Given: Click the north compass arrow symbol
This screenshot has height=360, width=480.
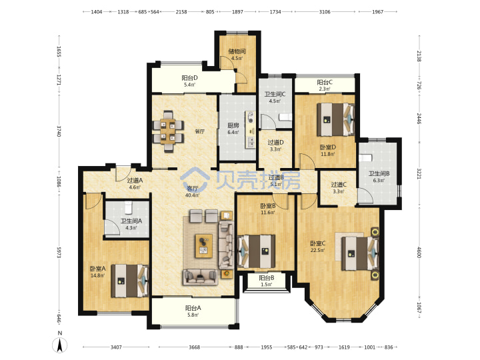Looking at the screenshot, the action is click(60, 345).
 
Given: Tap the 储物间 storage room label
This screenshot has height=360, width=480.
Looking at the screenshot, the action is click(237, 51).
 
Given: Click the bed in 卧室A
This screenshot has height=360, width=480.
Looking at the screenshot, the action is click(130, 281).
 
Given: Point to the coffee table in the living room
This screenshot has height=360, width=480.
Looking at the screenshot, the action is click(204, 246).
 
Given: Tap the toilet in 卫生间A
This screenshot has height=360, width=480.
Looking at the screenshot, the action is click(128, 207).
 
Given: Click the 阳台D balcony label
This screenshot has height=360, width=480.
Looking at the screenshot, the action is click(189, 78).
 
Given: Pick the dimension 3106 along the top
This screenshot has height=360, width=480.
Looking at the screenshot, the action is click(325, 11).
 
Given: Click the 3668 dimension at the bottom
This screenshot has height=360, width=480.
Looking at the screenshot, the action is click(194, 347).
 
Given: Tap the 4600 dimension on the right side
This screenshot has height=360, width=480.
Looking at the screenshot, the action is click(419, 251).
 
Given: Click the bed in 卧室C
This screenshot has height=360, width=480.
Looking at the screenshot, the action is click(360, 253).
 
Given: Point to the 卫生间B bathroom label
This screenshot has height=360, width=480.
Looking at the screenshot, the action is click(379, 173).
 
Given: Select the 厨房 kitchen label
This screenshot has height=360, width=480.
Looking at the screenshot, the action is click(233, 125).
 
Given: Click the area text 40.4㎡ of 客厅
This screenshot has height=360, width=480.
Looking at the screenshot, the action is click(192, 195).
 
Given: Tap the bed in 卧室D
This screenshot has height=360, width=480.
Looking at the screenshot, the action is click(335, 119).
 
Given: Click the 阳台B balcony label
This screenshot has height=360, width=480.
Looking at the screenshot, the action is click(267, 278).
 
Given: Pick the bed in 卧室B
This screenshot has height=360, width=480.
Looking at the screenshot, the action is click(256, 251).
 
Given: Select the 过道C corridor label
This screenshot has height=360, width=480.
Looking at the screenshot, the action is click(339, 185).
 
